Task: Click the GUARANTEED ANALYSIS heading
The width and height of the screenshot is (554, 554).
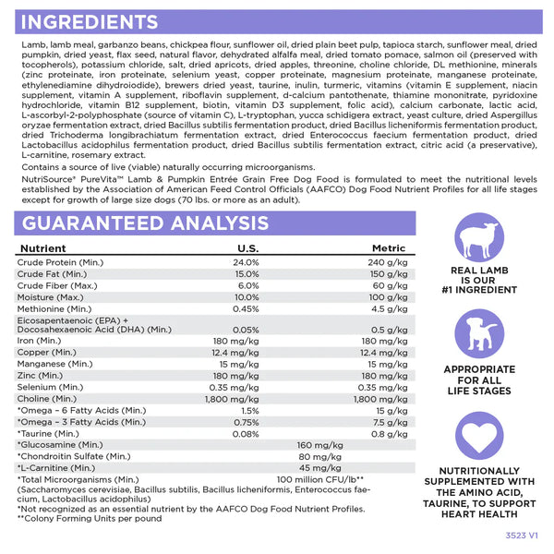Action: click(x=144, y=223)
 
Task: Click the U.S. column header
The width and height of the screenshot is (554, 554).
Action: click(x=247, y=249)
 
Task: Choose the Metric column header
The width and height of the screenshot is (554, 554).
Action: click(x=389, y=249)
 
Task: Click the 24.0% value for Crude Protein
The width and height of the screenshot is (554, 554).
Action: click(x=247, y=262)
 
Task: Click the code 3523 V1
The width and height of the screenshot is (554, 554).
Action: click(x=521, y=535)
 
